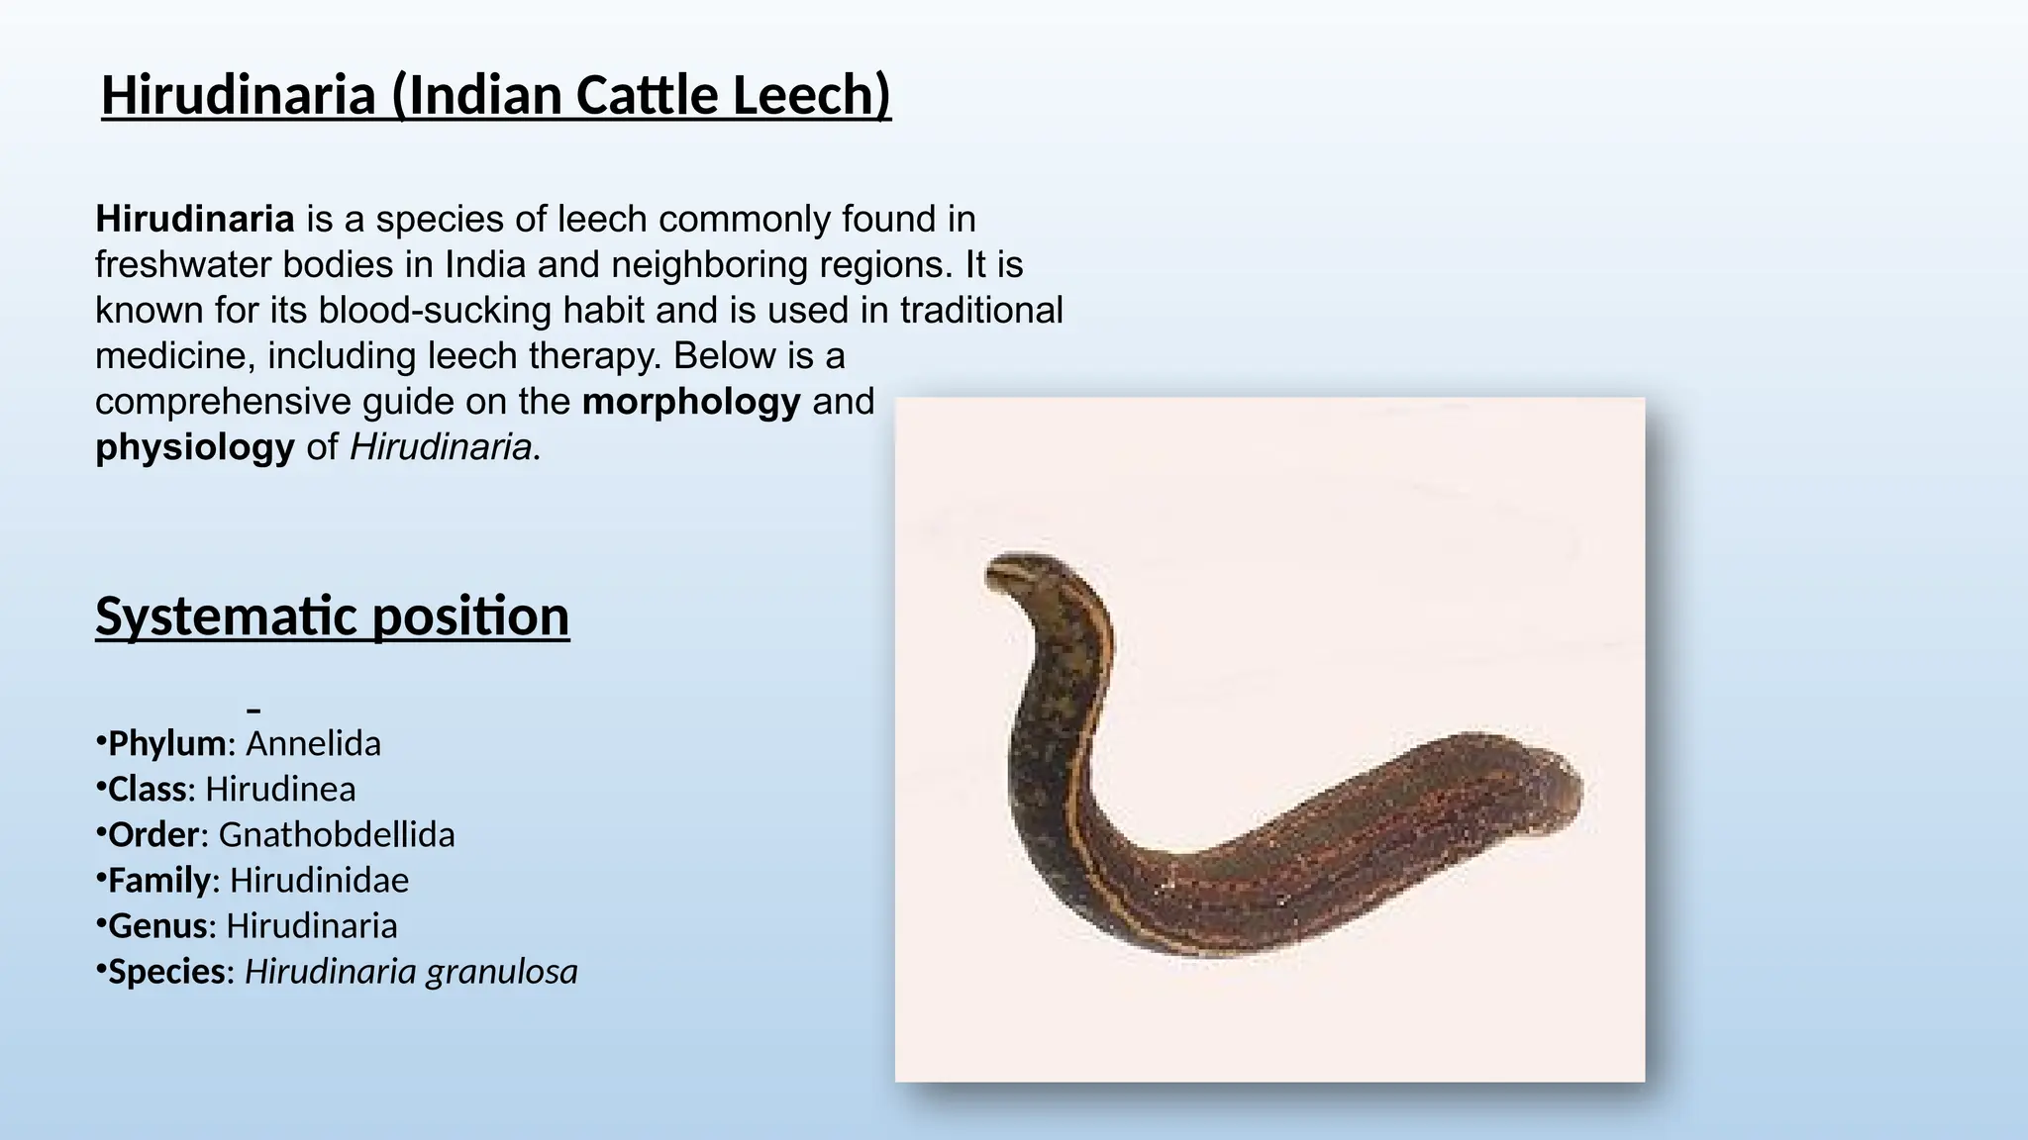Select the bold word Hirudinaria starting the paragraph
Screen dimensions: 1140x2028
pos(195,219)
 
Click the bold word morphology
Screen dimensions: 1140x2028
pos(691,402)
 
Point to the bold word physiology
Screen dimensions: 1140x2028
pos(195,447)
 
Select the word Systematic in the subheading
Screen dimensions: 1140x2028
pos(226,616)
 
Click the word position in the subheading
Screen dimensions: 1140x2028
pos(470,616)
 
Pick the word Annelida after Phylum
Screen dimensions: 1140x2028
pos(313,743)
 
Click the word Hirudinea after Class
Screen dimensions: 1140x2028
pos(280,789)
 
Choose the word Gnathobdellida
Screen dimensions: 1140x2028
pos(337,834)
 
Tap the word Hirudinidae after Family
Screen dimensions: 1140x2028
pos(319,880)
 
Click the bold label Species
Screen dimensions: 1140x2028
pos(166,971)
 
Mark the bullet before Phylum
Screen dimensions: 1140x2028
pos(100,740)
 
